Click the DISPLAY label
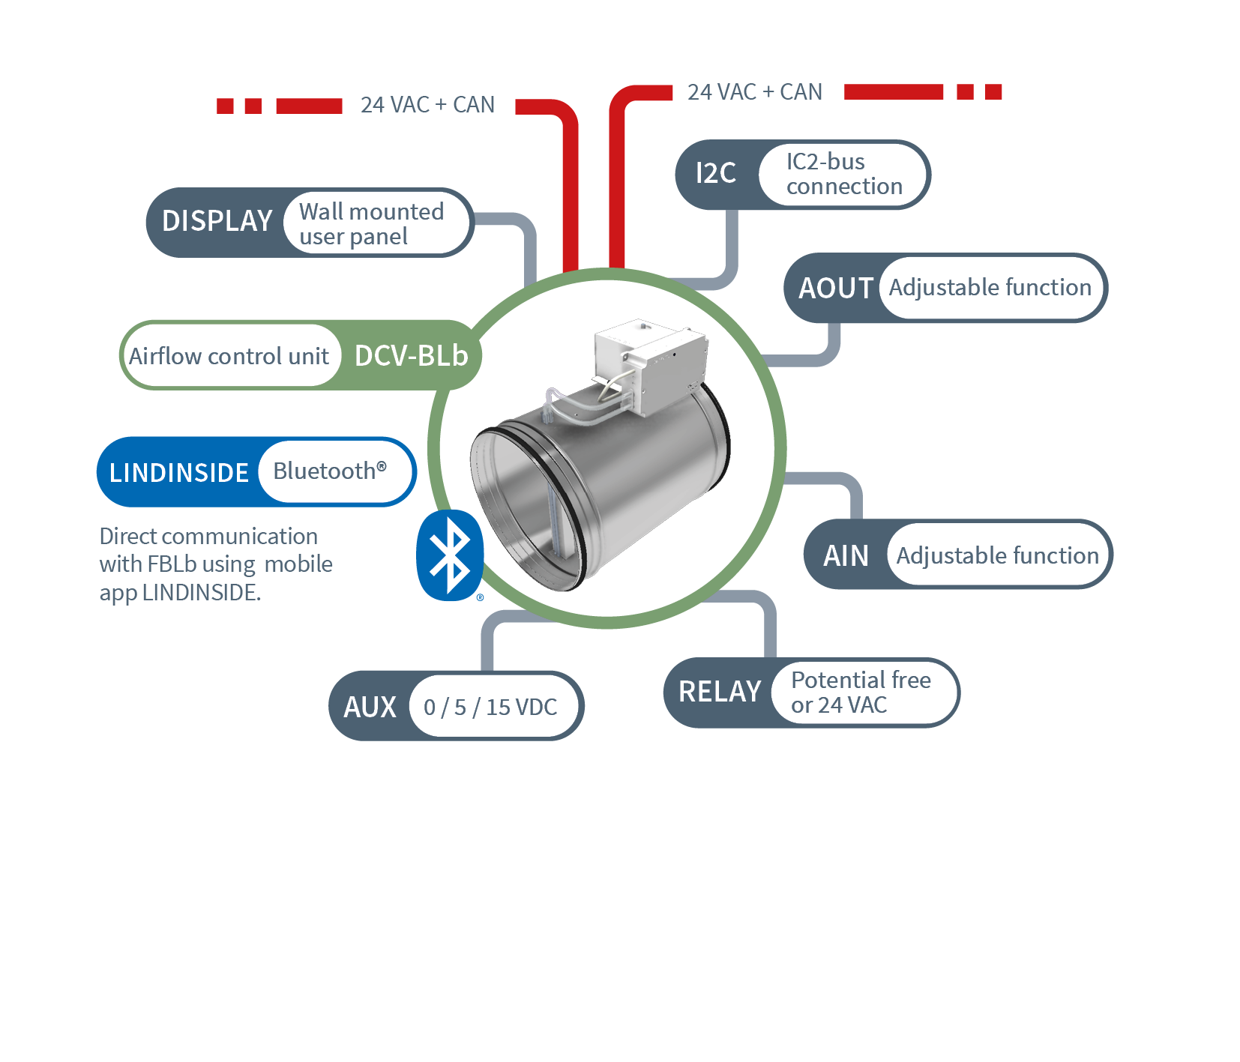217,221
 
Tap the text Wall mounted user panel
371,223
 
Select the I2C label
715,173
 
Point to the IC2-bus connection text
843,174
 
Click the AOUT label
835,288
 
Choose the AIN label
846,555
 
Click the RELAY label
719,692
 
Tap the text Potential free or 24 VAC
860,692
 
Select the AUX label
370,707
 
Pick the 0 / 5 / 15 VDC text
490,707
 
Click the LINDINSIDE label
178,473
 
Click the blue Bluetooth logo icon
449,555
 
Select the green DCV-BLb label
411,356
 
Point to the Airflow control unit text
229,356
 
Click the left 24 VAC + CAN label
427,105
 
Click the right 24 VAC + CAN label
754,92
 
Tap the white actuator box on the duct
649,363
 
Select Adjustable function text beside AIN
997,555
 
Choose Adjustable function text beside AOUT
990,288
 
